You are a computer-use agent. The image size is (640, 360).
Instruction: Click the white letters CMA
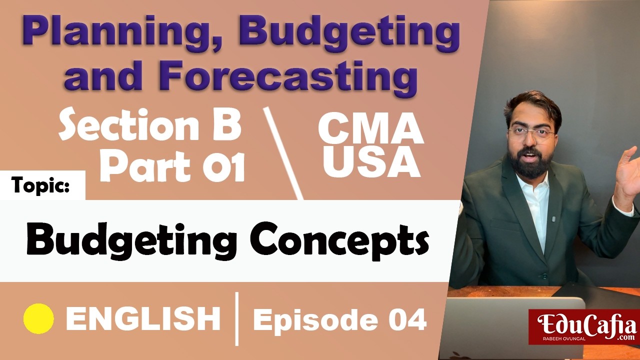pyautogui.click(x=370, y=129)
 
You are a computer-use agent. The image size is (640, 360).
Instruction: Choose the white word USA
pyautogui.click(x=370, y=163)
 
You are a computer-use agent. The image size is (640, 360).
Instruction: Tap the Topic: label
pyautogui.click(x=42, y=185)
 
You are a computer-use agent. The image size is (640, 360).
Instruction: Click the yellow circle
pyautogui.click(x=38, y=318)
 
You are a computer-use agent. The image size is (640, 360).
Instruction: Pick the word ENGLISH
pyautogui.click(x=143, y=319)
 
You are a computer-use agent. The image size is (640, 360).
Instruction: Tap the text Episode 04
pyautogui.click(x=340, y=320)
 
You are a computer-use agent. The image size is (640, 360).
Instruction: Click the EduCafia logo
pyautogui.click(x=583, y=327)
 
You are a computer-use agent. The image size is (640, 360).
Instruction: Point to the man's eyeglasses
pyautogui.click(x=531, y=134)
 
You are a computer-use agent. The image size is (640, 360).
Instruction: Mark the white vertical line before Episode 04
pyautogui.click(x=236, y=319)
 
